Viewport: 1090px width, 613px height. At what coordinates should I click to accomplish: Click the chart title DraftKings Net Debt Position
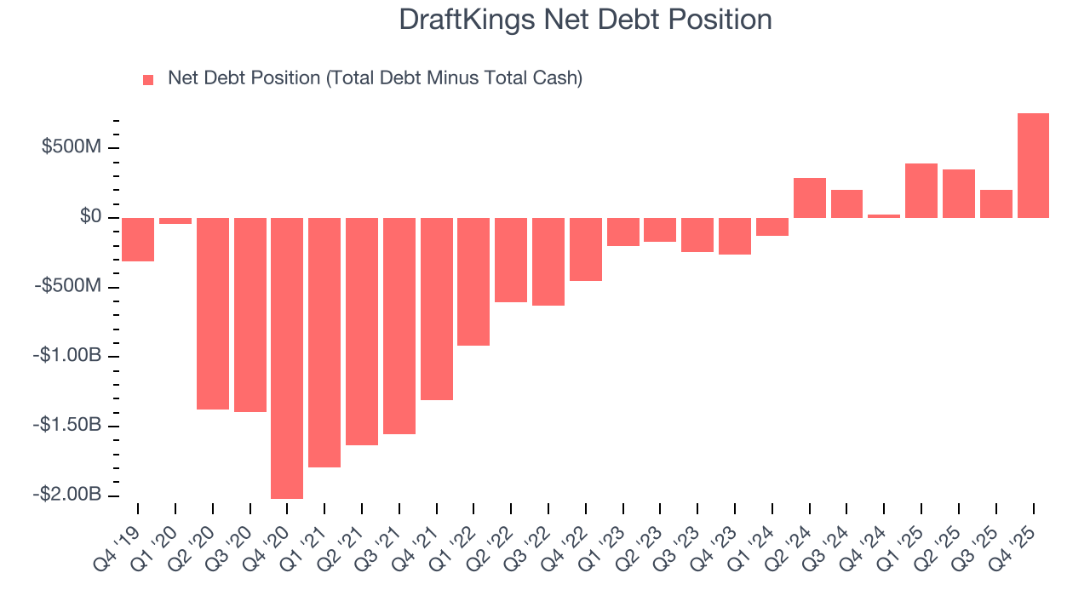(585, 20)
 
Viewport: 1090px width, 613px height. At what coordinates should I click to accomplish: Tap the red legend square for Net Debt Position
(148, 79)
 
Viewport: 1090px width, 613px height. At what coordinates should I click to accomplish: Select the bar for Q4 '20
(287, 358)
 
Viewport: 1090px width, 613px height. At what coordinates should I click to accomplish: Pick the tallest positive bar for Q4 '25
(1033, 165)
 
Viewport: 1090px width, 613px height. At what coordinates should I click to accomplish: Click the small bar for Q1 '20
(175, 221)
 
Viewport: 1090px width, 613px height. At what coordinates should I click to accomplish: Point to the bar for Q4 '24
(884, 215)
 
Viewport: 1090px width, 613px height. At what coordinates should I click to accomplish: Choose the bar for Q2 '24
(809, 198)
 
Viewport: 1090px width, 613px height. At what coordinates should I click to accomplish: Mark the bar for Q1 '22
(473, 281)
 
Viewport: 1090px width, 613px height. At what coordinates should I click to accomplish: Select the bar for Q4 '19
(138, 239)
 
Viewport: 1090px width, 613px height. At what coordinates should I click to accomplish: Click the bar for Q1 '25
(921, 190)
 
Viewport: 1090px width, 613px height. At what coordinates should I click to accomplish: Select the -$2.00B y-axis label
(67, 495)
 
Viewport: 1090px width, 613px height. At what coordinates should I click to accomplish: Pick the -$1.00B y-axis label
(67, 356)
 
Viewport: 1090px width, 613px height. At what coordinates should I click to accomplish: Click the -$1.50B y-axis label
(67, 425)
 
